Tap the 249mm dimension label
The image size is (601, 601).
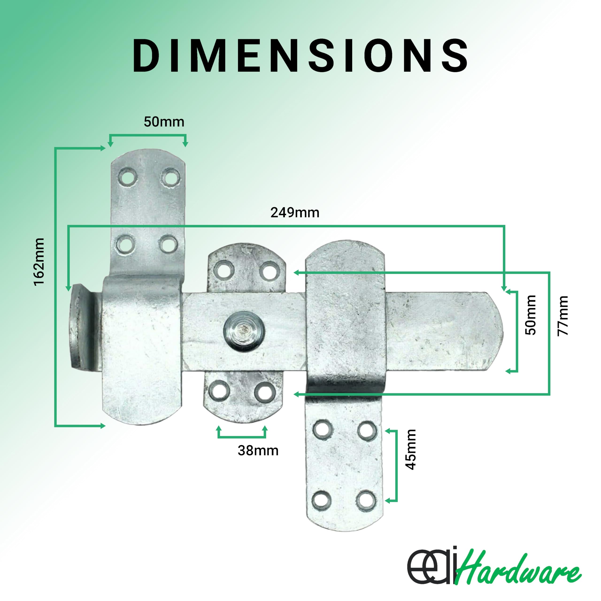[295, 213]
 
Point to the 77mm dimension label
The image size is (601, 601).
[562, 316]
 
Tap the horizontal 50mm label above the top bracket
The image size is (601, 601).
[164, 122]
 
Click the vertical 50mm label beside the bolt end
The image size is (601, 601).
[531, 315]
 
